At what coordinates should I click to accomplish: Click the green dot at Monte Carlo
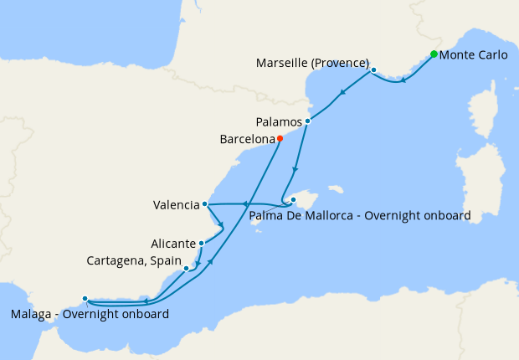(x=434, y=54)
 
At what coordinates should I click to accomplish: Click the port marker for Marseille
(x=373, y=70)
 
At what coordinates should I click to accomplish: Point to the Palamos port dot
(x=308, y=121)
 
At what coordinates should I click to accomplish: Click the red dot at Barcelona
(x=280, y=139)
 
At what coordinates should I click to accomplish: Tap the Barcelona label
(x=246, y=139)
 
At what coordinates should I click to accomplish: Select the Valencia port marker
(x=205, y=203)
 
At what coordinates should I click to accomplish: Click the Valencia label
(x=177, y=204)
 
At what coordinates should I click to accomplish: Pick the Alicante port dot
(x=202, y=244)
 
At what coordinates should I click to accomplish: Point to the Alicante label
(x=173, y=244)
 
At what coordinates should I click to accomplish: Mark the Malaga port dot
(x=85, y=299)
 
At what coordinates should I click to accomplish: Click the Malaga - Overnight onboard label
(x=90, y=315)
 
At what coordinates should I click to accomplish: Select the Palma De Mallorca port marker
(x=293, y=200)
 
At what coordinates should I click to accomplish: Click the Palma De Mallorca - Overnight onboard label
(x=360, y=216)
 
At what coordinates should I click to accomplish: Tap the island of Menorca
(x=337, y=189)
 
